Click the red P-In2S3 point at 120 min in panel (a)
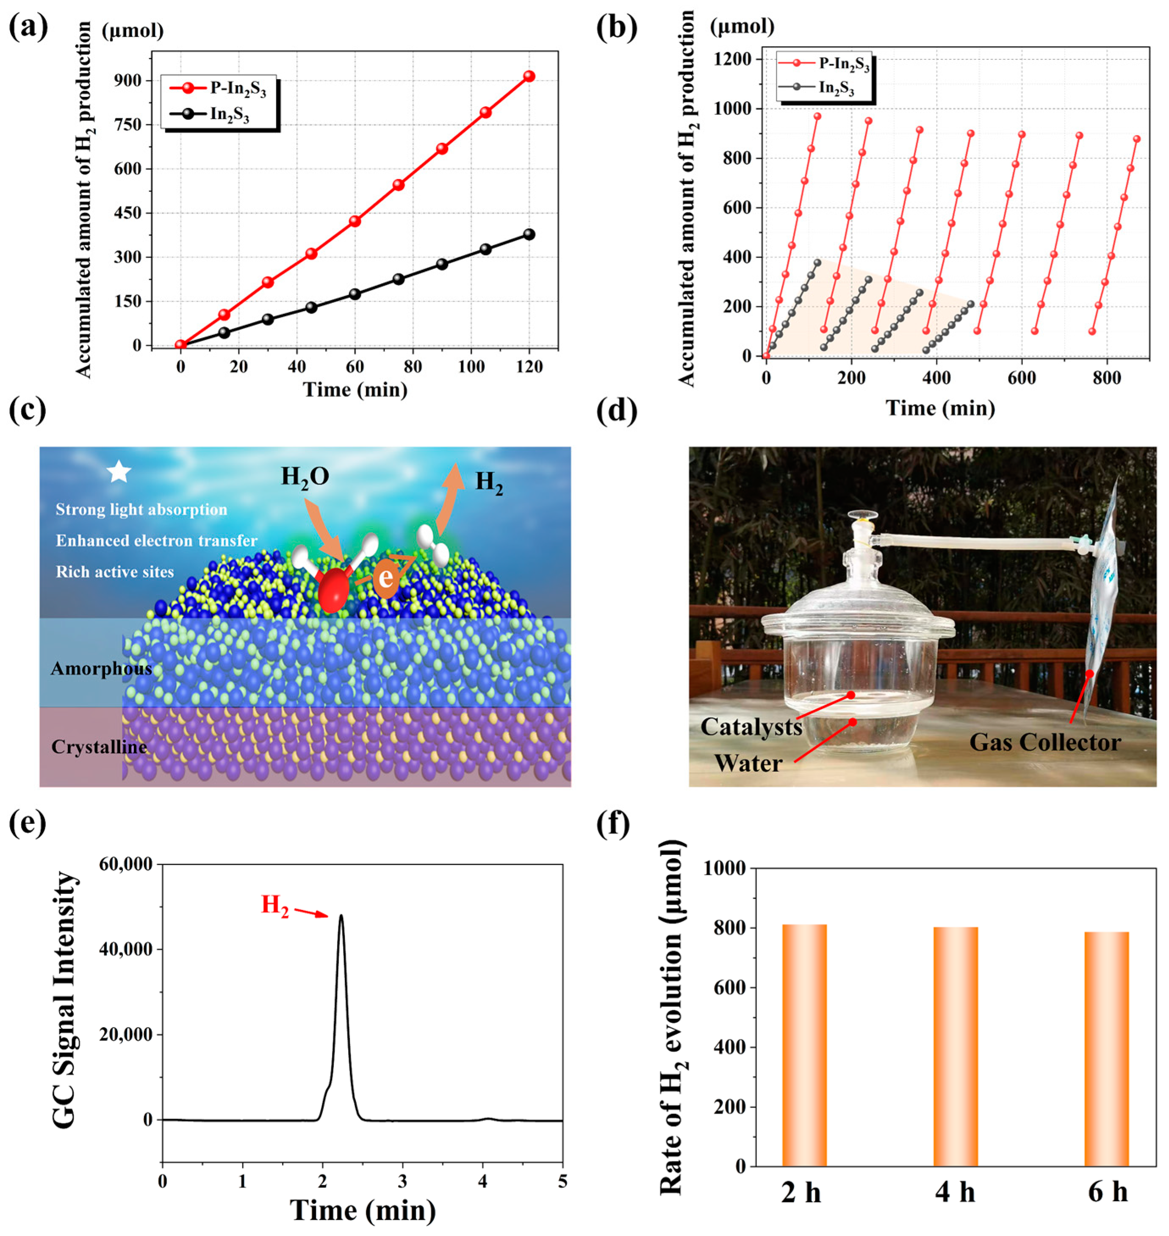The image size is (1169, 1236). [x=529, y=76]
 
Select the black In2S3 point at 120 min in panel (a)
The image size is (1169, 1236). [x=529, y=234]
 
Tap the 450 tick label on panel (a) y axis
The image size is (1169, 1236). [x=128, y=213]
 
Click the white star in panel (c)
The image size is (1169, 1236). [x=119, y=472]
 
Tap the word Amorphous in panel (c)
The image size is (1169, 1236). [x=101, y=669]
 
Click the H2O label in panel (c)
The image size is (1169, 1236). [x=305, y=477]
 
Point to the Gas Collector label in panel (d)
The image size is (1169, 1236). [x=1045, y=743]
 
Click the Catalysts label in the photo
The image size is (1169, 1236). [x=751, y=727]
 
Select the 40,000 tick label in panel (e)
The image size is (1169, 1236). [x=125, y=949]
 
